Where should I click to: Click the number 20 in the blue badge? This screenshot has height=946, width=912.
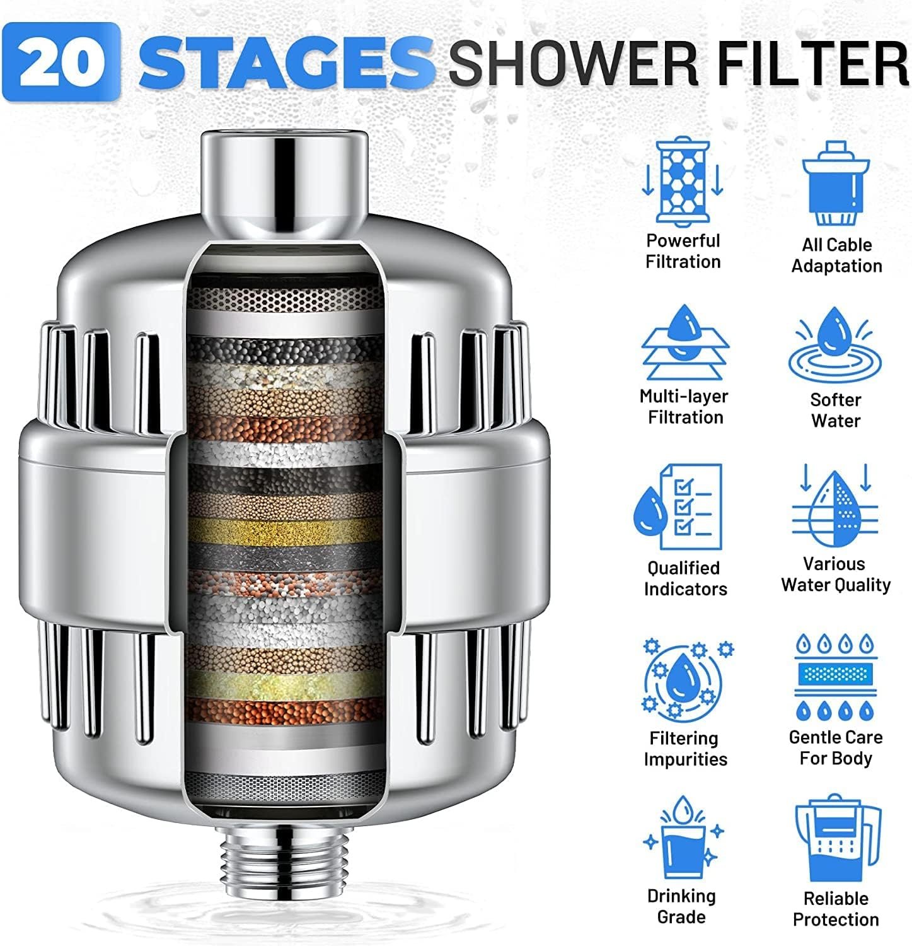click(62, 62)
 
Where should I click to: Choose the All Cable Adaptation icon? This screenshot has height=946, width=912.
click(836, 183)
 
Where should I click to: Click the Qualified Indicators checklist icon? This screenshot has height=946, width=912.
click(678, 508)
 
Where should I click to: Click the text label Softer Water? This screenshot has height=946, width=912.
click(836, 410)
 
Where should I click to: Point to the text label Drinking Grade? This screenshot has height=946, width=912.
click(682, 906)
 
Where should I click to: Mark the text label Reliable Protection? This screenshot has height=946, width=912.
click(836, 909)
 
